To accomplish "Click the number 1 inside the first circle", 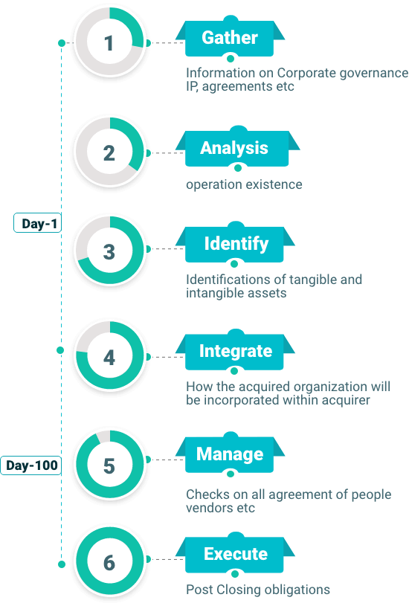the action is point(109,43).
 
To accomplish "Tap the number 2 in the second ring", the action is point(109,153).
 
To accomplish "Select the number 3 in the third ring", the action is point(109,251).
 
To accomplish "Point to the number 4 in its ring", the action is point(109,358).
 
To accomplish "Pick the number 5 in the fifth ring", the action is point(109,465).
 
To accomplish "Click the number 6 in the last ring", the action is point(109,563).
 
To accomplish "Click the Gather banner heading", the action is point(230,37).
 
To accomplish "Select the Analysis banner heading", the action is point(234,148).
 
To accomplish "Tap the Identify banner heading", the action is point(236,244).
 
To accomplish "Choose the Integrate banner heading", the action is point(236,351).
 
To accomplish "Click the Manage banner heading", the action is point(230,454).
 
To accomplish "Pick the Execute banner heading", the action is point(236,554).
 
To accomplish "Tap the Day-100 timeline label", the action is point(31,465).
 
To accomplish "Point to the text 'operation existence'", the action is point(244,184).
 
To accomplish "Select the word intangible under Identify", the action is point(215,293).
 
